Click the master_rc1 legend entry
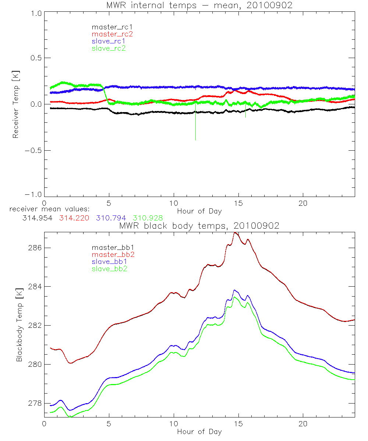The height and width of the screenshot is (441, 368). (x=109, y=27)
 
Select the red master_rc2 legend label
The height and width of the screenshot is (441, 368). (x=112, y=34)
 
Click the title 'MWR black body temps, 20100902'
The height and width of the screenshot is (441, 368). (x=199, y=226)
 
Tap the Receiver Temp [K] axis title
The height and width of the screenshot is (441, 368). (x=15, y=104)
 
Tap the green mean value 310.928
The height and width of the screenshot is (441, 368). (x=148, y=218)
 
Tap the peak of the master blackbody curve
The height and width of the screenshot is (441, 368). (x=236, y=233)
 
